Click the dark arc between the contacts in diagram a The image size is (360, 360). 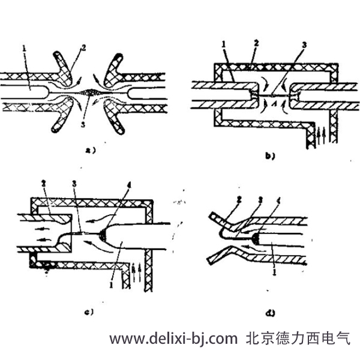91,92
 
